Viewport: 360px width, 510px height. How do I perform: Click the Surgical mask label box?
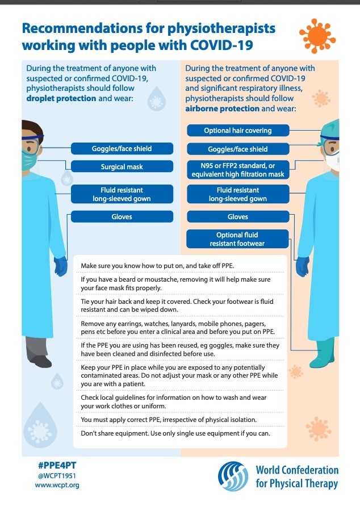[x=122, y=167]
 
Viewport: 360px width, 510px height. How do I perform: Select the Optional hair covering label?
[x=238, y=131]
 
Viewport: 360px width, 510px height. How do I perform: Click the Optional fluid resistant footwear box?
[x=238, y=239]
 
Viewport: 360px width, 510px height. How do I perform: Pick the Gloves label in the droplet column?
[x=122, y=216]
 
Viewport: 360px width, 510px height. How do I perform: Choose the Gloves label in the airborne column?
[x=238, y=216]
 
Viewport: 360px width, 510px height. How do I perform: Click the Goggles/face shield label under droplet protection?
[x=122, y=149]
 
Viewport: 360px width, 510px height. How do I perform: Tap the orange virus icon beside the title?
[x=317, y=36]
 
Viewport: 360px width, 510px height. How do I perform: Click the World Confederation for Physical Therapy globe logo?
[x=234, y=476]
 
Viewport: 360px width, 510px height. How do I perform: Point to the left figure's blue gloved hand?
[x=60, y=265]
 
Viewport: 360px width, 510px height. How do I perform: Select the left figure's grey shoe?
[x=40, y=359]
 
